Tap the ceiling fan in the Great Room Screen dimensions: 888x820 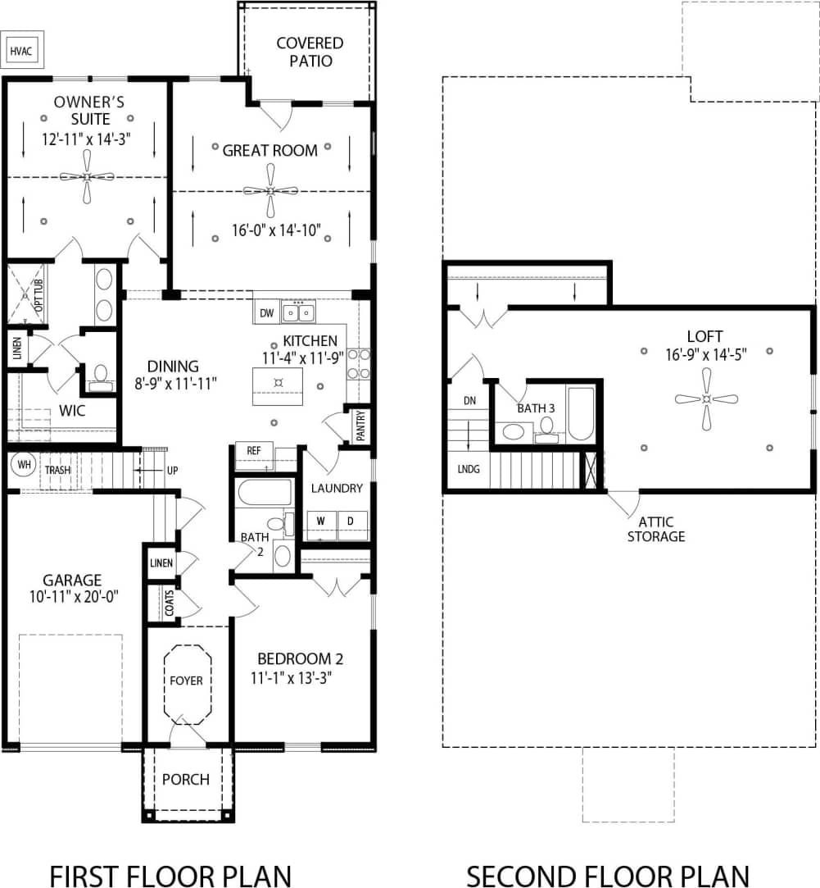coord(270,190)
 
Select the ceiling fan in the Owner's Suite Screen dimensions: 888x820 coord(87,177)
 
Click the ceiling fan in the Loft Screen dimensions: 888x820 coord(706,399)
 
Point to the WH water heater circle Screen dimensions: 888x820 coord(23,464)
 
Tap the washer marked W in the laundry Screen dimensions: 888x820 coord(321,521)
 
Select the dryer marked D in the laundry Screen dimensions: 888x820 coord(351,521)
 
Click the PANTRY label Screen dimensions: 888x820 coord(361,426)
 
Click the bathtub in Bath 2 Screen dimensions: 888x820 coord(263,493)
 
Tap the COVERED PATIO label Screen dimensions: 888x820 coord(310,52)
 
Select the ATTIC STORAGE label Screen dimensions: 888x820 coord(656,529)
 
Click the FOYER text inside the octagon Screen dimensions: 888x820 coord(186,681)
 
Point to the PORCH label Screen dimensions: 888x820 coord(186,779)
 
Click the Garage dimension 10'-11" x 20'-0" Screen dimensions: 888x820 coord(73,597)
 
